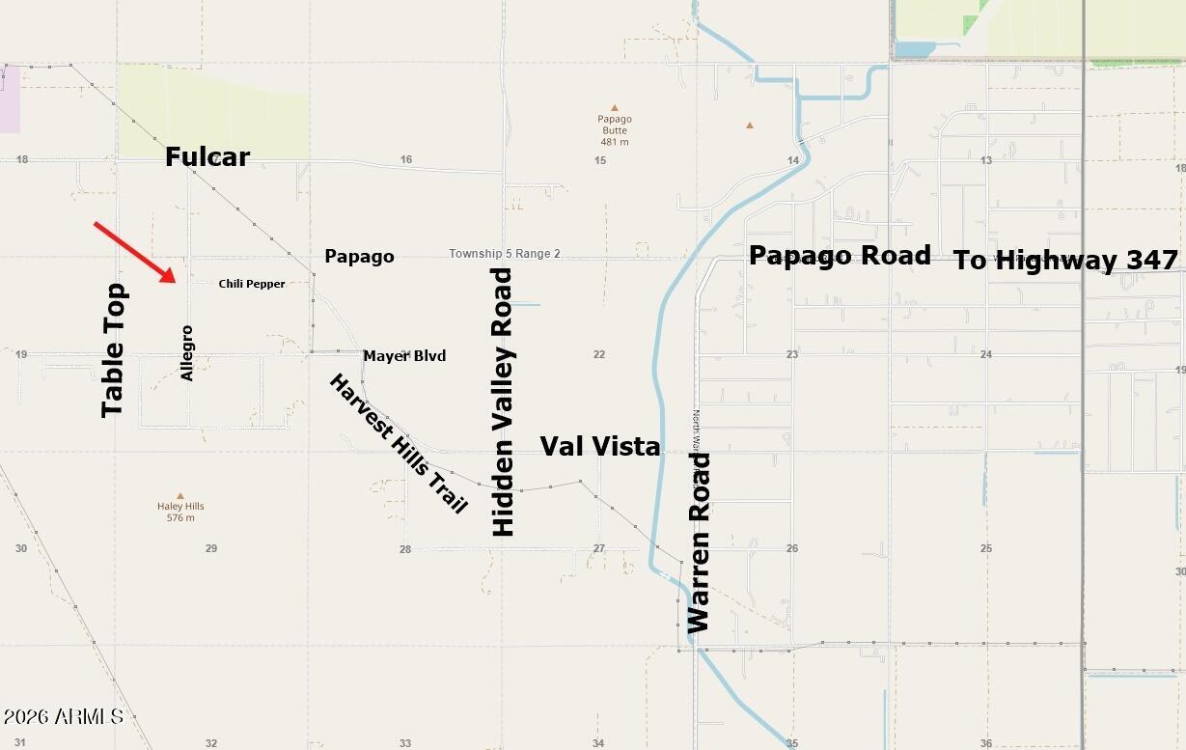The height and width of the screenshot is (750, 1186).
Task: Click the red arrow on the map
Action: [x=135, y=252]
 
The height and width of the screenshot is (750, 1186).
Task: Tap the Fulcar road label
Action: [x=207, y=156]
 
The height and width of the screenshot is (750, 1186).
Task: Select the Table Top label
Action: [x=114, y=349]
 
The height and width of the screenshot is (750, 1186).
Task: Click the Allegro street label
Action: [x=187, y=353]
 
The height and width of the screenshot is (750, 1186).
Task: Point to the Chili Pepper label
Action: [x=252, y=284]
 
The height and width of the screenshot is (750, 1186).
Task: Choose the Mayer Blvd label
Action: [x=404, y=356]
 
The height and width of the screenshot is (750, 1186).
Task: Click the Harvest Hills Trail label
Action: [x=398, y=443]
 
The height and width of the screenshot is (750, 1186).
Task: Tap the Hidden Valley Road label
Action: [x=503, y=402]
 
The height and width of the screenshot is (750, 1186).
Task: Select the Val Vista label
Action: [x=599, y=446]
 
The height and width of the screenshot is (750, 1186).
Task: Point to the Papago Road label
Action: [x=840, y=255]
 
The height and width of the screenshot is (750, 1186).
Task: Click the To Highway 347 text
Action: [x=1066, y=260]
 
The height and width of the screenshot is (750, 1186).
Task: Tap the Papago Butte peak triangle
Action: [x=614, y=108]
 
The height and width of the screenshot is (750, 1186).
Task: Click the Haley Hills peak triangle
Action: [x=180, y=495]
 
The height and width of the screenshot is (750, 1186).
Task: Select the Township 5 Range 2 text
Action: [x=505, y=254]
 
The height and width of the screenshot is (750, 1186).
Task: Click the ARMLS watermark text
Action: [x=63, y=716]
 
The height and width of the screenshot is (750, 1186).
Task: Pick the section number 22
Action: [x=599, y=354]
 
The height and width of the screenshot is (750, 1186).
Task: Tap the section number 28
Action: [x=405, y=549]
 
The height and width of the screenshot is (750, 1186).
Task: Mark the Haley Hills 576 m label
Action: [x=180, y=512]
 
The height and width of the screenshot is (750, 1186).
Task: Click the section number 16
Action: [x=406, y=160]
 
